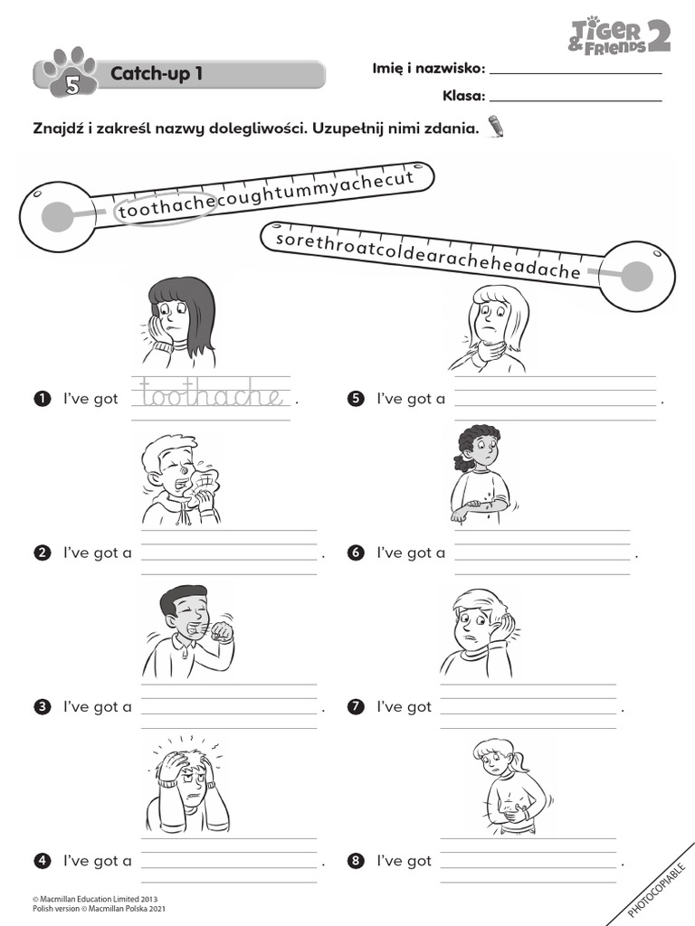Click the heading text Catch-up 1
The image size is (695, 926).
(x=157, y=73)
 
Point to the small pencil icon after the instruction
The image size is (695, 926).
(x=496, y=126)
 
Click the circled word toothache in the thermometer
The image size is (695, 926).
(x=166, y=208)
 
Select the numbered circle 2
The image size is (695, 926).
(x=42, y=553)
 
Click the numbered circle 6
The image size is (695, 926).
(x=356, y=553)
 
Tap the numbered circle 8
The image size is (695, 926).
(x=356, y=861)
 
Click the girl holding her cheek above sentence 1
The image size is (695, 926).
(x=180, y=322)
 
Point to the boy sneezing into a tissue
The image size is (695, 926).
(x=181, y=479)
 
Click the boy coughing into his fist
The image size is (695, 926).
(x=188, y=630)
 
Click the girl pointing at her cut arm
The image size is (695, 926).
(x=481, y=476)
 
